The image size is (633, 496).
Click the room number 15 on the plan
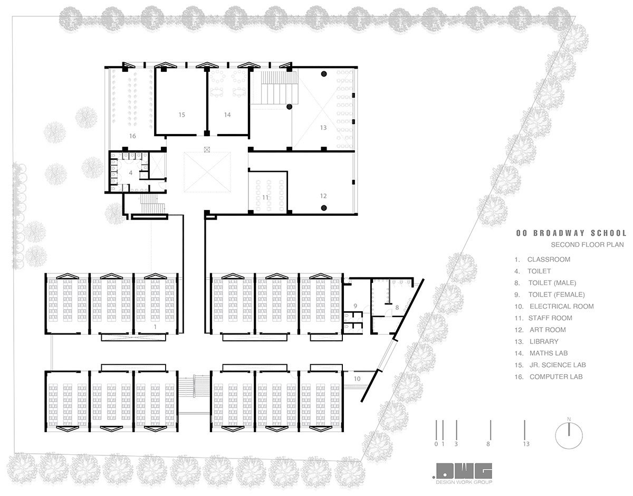point(182,115)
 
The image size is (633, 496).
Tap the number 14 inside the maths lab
point(227,115)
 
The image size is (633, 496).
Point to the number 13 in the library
point(323,128)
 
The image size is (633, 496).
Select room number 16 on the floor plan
point(132,136)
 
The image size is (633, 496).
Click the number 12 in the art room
point(323,196)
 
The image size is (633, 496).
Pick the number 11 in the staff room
point(265,197)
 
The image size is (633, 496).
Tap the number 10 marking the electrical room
point(357,379)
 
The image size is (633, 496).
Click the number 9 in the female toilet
point(355,306)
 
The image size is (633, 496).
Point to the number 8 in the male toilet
point(397,308)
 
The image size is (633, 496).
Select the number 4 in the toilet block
point(131,173)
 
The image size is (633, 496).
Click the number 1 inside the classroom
point(155,327)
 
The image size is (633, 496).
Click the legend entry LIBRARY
point(544,341)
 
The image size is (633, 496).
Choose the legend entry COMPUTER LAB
point(556,377)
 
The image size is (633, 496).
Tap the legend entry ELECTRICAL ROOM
point(561,306)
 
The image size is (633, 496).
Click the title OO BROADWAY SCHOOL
point(571,233)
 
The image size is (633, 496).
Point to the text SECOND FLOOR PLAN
point(587,245)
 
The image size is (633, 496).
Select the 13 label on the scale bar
point(526,444)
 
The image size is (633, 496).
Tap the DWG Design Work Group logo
point(463,474)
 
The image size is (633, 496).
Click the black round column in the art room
point(324,208)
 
